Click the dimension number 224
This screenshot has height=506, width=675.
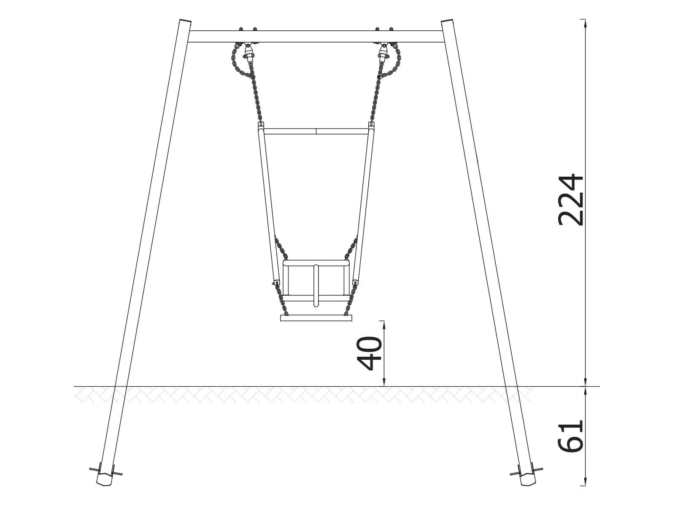coord(570,199)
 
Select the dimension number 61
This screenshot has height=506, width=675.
coord(570,436)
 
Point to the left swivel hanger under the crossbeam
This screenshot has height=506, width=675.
coord(249,53)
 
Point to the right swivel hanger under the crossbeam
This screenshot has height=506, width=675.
coord(383,53)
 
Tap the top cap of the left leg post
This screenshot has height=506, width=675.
coord(184,21)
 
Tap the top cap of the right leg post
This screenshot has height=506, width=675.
coord(447,21)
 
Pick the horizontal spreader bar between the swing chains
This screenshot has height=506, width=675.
coord(316,131)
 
